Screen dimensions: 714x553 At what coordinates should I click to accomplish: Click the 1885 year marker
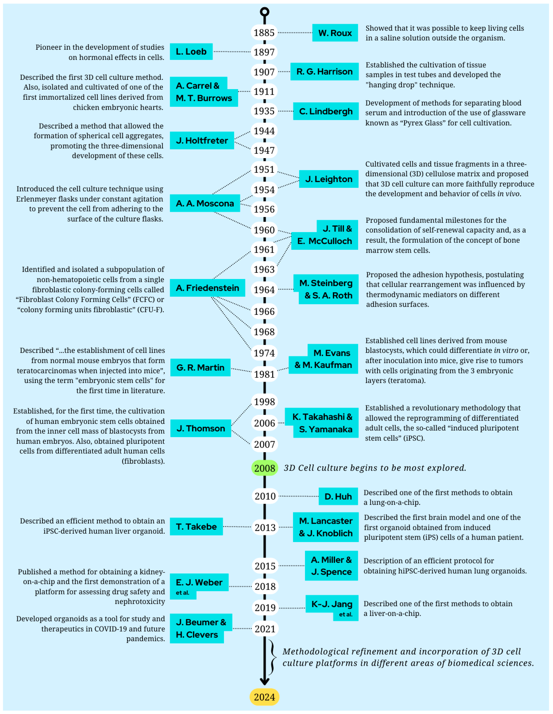point(264,33)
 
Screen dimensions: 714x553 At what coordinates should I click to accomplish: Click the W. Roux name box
point(335,33)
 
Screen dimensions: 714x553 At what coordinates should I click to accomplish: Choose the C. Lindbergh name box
point(326,111)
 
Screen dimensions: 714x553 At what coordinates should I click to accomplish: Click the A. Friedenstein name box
point(207,288)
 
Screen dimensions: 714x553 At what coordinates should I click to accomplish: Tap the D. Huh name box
point(338,496)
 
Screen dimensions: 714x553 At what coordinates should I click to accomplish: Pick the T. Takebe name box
point(196,526)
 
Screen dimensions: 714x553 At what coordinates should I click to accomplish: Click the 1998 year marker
point(264,401)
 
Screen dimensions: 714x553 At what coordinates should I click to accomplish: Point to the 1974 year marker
point(264,353)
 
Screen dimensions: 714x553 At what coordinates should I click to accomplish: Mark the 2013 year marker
point(265,527)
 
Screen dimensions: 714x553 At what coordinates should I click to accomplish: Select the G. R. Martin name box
point(200,367)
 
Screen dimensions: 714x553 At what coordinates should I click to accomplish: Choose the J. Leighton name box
point(329,179)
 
